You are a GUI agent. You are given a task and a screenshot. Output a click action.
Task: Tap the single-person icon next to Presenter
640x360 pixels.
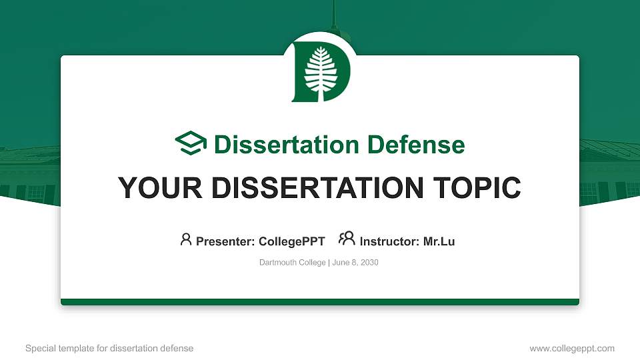[x=186, y=239]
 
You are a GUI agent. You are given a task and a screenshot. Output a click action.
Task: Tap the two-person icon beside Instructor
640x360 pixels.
[x=347, y=239]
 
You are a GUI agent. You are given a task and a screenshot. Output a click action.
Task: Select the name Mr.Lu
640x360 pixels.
[x=439, y=241]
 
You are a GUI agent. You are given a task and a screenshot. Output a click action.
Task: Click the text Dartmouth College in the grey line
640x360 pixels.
[x=292, y=263]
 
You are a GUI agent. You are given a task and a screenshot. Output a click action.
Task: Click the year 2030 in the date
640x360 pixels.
[x=369, y=263]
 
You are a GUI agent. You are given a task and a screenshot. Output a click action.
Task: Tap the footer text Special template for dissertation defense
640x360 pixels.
[x=109, y=348]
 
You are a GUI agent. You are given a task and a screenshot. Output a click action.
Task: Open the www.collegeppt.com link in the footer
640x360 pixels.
[x=572, y=348]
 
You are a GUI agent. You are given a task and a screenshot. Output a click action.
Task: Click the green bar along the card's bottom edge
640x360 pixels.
[x=320, y=302]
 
